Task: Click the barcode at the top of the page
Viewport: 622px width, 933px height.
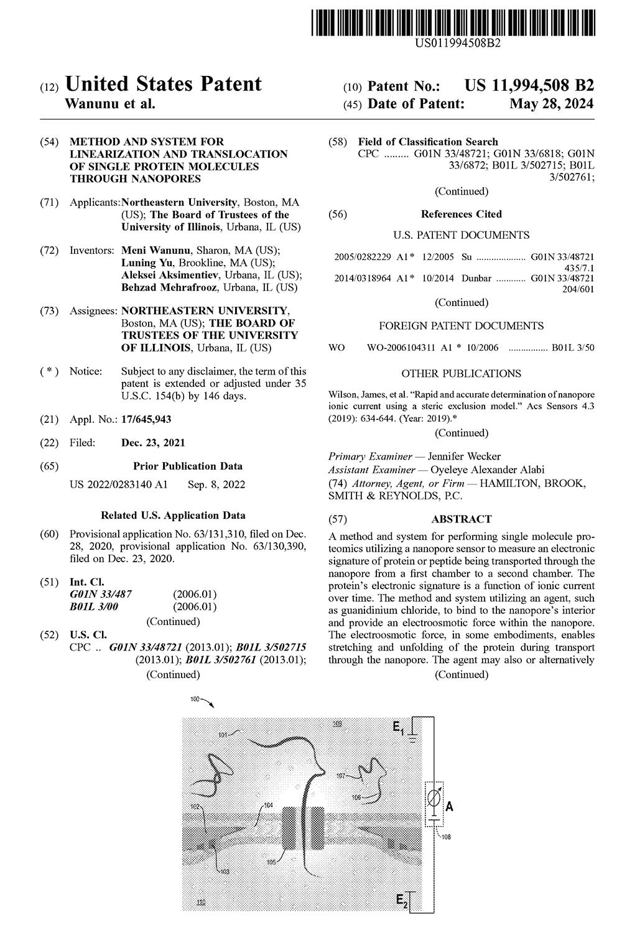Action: point(452,19)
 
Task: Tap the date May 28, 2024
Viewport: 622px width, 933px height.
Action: point(551,104)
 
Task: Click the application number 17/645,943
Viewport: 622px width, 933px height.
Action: point(146,420)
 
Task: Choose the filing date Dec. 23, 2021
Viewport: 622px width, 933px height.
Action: point(153,443)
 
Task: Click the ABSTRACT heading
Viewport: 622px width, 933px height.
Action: point(461,519)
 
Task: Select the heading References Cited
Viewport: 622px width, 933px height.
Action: point(461,214)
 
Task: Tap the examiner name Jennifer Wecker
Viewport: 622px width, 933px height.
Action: point(464,457)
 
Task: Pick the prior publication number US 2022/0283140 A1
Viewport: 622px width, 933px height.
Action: point(118,485)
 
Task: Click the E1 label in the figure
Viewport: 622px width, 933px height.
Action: point(399,725)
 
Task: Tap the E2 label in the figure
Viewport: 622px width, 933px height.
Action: point(401,900)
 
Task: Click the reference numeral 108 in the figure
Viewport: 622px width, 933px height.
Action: point(446,837)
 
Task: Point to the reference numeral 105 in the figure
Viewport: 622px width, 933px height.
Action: point(271,862)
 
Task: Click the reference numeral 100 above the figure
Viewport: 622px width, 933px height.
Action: point(195,700)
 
